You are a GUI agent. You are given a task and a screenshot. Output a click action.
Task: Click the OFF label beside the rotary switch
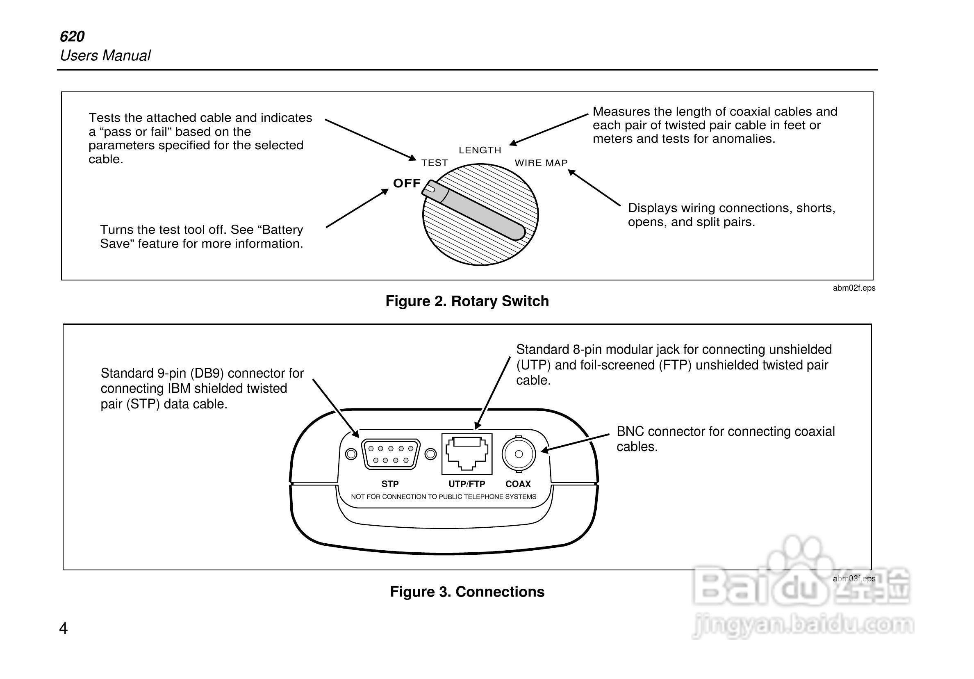click(406, 183)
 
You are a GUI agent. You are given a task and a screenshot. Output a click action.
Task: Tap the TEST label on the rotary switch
click(435, 163)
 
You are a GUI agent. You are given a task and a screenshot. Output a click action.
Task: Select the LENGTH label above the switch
click(480, 150)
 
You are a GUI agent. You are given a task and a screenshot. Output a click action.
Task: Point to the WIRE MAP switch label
click(541, 163)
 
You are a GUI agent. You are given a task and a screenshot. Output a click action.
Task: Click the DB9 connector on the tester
click(390, 453)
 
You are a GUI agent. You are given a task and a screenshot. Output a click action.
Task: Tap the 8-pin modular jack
click(467, 453)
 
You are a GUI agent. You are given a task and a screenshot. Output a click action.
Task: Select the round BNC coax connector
click(519, 453)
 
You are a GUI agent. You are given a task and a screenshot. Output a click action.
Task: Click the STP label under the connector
click(390, 484)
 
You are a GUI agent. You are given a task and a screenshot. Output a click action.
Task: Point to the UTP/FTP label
click(467, 484)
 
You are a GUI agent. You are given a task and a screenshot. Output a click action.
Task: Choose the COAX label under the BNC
click(518, 484)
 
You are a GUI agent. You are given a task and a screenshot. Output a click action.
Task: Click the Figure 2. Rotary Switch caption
click(467, 301)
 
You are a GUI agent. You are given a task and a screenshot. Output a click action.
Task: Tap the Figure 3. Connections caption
click(467, 592)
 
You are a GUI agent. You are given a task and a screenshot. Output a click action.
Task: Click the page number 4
click(63, 628)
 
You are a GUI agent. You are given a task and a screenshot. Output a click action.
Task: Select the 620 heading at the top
click(72, 36)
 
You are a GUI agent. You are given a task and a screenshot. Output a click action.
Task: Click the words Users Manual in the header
click(105, 56)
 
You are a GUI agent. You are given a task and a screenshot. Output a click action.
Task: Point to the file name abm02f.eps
click(853, 288)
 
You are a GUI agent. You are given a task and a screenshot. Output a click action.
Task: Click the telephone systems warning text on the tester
click(443, 497)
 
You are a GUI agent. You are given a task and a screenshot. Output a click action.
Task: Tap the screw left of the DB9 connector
click(351, 453)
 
